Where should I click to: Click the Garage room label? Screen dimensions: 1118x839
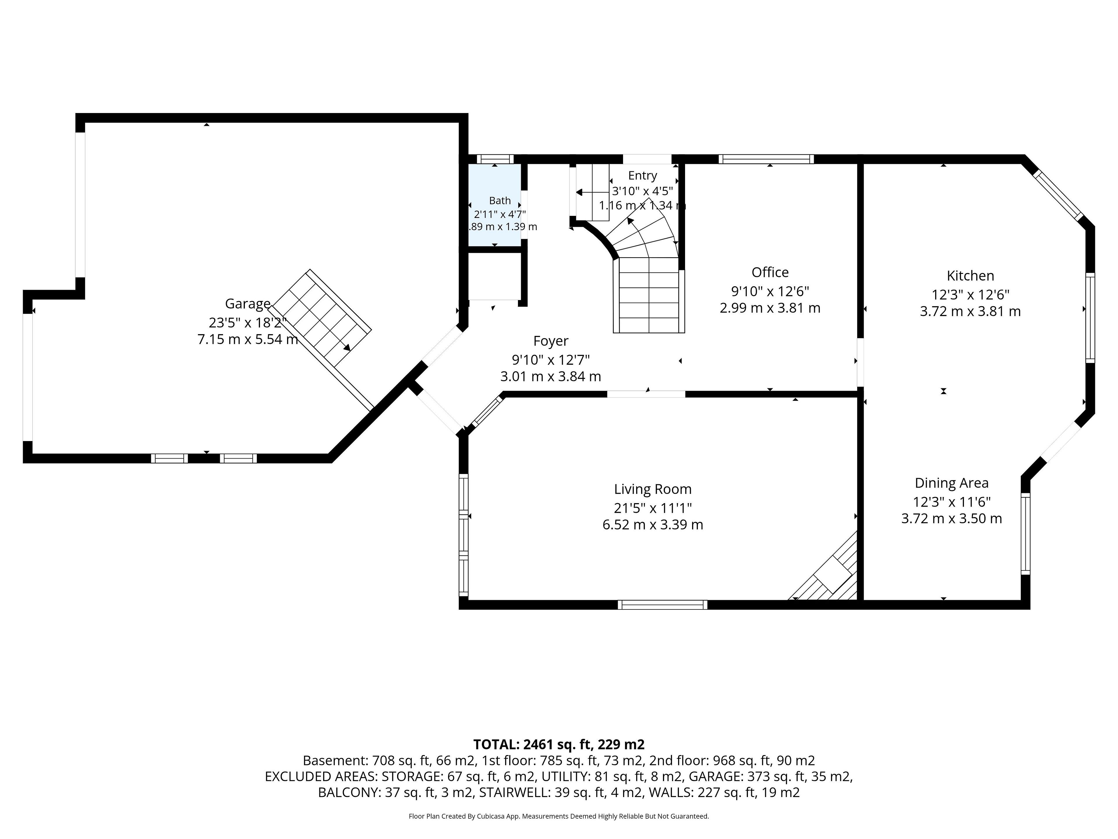click(248, 304)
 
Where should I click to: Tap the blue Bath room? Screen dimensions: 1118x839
click(495, 205)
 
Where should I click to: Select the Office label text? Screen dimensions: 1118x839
click(770, 273)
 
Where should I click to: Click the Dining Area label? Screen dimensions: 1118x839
click(951, 483)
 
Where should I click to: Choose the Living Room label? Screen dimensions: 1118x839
click(652, 489)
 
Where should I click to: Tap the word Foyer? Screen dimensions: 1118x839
click(550, 341)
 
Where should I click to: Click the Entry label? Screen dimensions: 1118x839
click(642, 175)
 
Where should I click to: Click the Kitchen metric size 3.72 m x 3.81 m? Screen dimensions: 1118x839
click(970, 311)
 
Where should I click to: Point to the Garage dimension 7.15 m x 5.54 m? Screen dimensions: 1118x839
click(248, 339)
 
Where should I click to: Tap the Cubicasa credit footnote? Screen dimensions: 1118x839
click(558, 816)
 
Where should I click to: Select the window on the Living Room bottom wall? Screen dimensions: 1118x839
click(662, 604)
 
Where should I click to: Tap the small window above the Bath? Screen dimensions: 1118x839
click(495, 159)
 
